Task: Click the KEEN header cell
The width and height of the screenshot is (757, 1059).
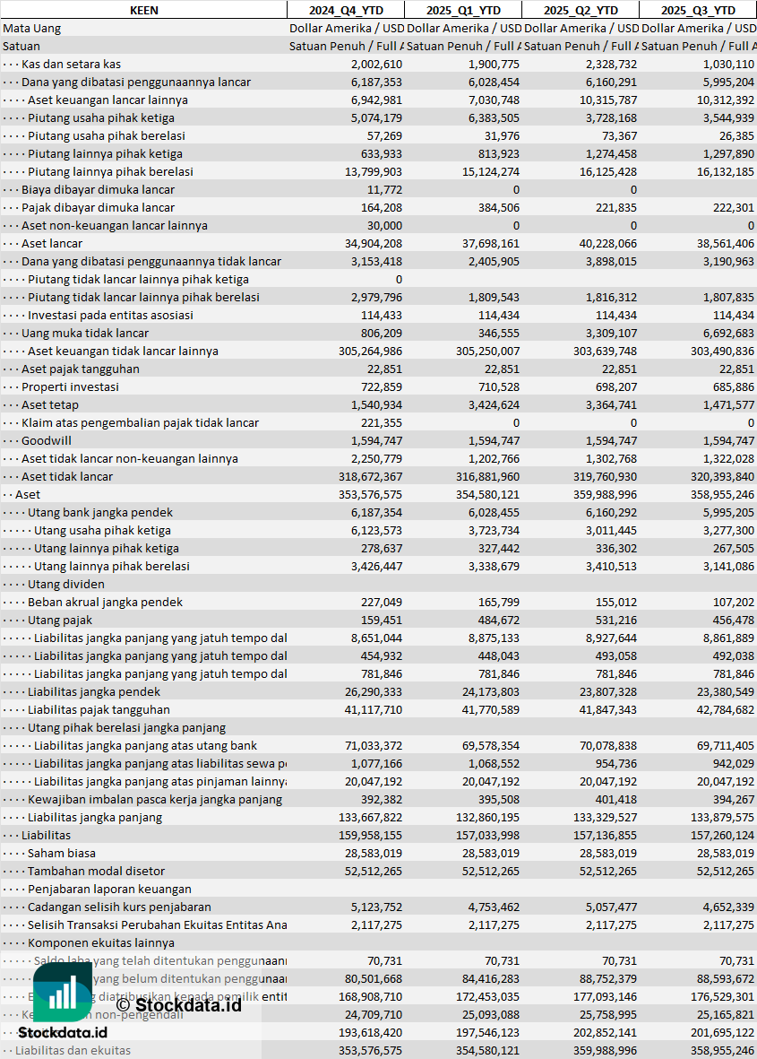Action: (x=143, y=10)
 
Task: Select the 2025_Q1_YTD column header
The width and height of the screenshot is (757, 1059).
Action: (x=462, y=10)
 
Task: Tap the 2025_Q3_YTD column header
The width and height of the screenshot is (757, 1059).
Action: (x=698, y=10)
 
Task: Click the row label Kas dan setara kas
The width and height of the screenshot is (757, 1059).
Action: (x=71, y=64)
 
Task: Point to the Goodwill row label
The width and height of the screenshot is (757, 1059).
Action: (x=47, y=440)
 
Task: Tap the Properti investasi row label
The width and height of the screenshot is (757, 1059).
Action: (x=70, y=386)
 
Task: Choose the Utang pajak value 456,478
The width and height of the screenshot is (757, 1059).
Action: (x=727, y=620)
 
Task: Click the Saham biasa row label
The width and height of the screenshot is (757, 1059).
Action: (x=61, y=853)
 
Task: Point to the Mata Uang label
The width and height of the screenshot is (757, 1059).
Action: (x=32, y=28)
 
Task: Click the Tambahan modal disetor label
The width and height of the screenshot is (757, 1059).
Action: (x=96, y=871)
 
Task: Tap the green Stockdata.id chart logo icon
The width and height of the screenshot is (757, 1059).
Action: (x=62, y=993)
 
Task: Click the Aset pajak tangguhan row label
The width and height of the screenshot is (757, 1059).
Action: (x=80, y=369)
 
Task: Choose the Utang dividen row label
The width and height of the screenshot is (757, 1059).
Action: (x=65, y=584)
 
